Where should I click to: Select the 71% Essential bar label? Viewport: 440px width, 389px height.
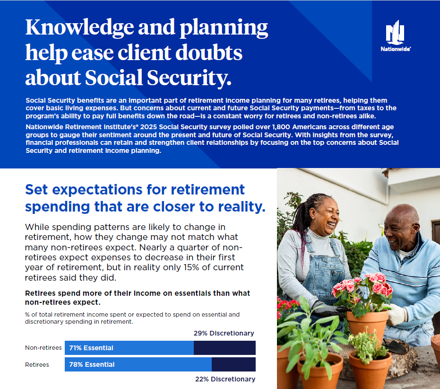coord(91,348)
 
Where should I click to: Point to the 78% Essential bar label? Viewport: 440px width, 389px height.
coord(92,364)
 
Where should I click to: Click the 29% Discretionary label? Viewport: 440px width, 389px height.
coord(224,333)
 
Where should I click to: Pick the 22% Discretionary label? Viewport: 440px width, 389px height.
coord(225,379)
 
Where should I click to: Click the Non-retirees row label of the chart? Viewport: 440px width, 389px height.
coord(43,348)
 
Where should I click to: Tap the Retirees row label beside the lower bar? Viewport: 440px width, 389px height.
coord(37,364)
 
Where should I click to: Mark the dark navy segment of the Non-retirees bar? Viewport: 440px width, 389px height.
coord(224,348)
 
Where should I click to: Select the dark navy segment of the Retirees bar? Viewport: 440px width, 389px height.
coord(233,364)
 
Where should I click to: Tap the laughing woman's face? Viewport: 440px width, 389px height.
coord(325,217)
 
